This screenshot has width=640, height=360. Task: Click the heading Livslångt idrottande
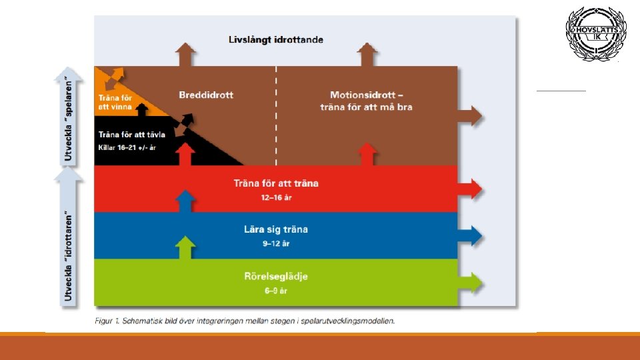(275, 40)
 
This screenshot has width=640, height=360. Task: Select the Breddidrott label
(206, 95)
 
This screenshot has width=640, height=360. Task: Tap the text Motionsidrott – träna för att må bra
(366, 101)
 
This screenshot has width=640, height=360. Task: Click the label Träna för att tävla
(132, 135)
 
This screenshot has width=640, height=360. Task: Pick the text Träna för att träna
(276, 183)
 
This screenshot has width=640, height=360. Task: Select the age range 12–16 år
(275, 197)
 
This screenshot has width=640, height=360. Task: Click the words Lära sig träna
(276, 229)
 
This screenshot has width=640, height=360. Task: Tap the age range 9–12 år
(275, 243)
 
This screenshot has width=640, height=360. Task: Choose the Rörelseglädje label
(276, 276)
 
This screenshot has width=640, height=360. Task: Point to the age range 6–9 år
(275, 290)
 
